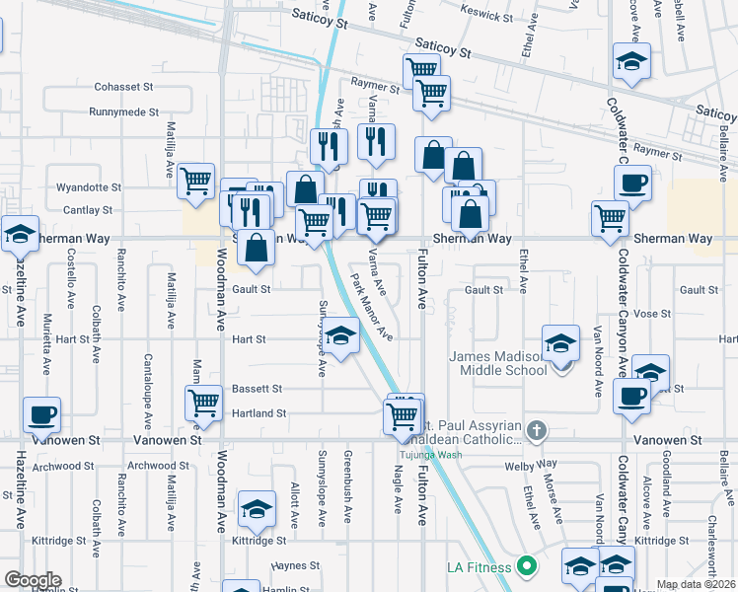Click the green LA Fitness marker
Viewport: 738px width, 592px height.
click(x=526, y=567)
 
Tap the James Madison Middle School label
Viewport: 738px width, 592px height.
click(x=498, y=363)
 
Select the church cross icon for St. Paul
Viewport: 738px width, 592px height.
click(x=536, y=430)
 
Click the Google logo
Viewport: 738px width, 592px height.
click(x=33, y=580)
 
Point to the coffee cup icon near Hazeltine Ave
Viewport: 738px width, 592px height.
click(x=41, y=415)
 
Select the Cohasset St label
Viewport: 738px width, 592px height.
click(x=125, y=87)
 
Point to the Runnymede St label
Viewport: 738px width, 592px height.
click(x=123, y=112)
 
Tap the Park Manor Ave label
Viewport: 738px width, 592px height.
click(x=372, y=308)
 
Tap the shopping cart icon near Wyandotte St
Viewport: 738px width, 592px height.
click(x=196, y=181)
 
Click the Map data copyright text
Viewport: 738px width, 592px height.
click(x=695, y=584)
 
